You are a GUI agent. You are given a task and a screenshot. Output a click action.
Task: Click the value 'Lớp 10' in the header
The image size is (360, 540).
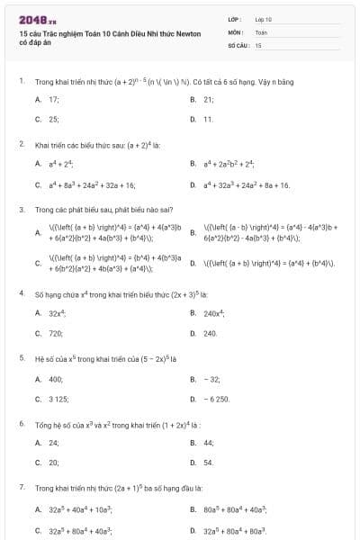264,18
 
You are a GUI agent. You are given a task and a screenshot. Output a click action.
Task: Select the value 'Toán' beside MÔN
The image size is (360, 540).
261,31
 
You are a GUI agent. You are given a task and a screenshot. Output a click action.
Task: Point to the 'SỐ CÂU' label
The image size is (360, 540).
238,44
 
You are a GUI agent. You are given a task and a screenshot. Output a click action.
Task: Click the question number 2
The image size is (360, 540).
21,143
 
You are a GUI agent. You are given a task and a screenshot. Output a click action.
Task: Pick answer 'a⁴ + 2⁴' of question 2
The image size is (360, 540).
61,164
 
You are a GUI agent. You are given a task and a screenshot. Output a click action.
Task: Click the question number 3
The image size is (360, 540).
21,209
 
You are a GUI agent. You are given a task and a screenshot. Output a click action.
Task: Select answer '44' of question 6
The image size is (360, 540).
209,443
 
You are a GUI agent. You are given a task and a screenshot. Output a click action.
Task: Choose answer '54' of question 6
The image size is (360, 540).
209,463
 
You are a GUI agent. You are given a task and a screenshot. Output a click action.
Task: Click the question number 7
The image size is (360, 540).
21,487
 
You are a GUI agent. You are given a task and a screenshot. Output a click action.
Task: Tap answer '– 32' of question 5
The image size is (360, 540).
212,379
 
